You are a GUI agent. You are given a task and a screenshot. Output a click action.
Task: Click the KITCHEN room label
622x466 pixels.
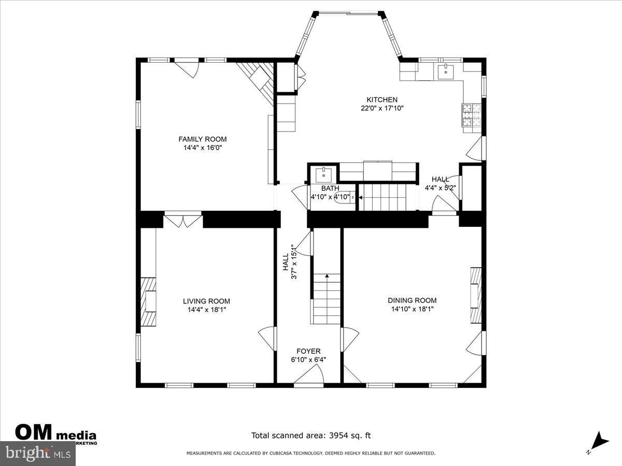click(382, 100)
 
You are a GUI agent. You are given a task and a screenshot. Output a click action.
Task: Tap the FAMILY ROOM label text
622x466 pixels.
click(203, 139)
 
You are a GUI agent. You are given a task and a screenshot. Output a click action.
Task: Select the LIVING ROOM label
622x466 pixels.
click(206, 301)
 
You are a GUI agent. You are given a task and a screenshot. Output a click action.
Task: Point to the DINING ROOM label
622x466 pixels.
click(412, 300)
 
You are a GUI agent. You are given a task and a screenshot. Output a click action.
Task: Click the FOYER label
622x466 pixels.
click(308, 351)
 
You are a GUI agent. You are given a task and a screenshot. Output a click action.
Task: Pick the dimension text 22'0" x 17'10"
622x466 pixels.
click(382, 109)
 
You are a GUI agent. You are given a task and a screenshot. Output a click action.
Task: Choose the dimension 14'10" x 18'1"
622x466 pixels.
click(412, 309)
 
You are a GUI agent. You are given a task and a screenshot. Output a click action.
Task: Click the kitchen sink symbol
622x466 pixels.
click(445, 71)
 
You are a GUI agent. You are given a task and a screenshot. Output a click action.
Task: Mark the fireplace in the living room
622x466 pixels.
click(149, 302)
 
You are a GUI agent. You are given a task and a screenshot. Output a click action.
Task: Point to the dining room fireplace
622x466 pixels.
click(475, 295)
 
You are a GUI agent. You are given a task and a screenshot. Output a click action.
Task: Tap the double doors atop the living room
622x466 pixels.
click(182, 220)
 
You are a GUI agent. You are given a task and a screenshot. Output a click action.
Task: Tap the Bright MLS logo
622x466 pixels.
click(37, 454)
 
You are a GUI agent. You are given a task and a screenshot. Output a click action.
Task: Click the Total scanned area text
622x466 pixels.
click(311, 436)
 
